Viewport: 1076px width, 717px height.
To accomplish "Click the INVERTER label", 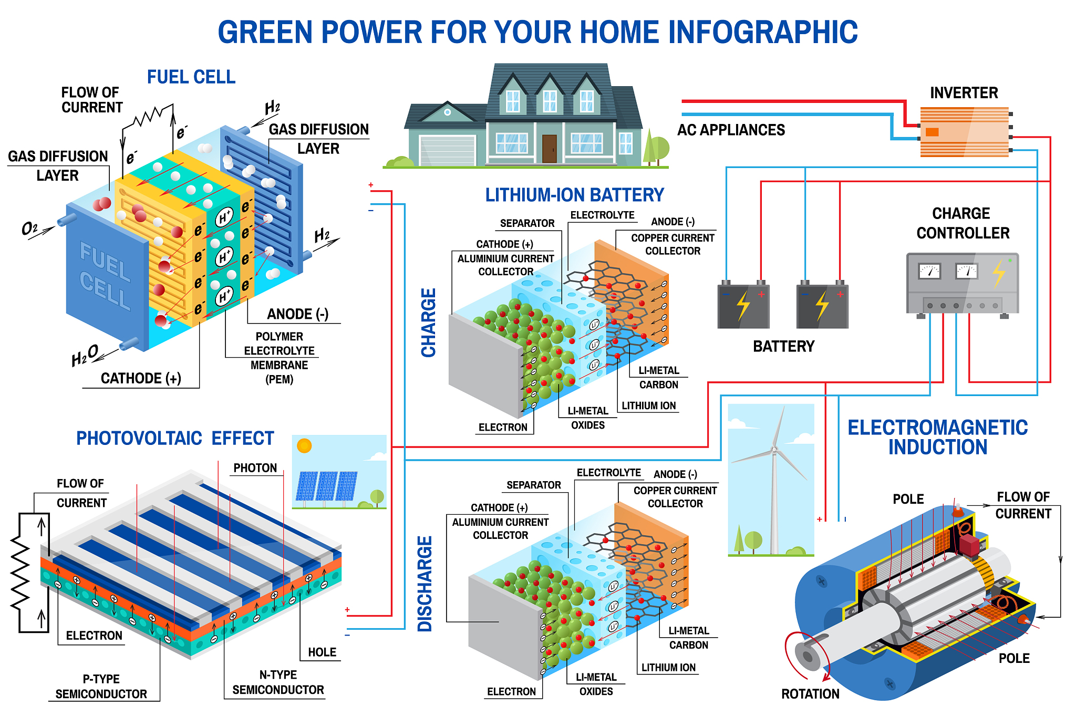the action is coord(964,93).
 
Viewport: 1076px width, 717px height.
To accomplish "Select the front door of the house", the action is coord(550,149).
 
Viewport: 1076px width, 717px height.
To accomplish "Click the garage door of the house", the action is coord(447,150).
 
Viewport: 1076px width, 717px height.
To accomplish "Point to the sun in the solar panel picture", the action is coord(304,446).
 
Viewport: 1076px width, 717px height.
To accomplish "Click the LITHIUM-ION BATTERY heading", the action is coord(574,195).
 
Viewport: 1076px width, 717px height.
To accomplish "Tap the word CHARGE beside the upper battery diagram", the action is coord(429,323).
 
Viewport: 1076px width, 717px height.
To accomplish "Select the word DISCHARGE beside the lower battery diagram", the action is coord(425,584).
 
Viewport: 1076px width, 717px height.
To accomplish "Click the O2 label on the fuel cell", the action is coord(29,228).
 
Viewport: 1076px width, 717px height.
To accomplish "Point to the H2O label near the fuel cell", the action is coord(85,356).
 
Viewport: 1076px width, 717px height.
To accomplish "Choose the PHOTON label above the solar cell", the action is coord(255,468).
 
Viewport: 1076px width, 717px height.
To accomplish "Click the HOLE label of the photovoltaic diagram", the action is coord(322,652).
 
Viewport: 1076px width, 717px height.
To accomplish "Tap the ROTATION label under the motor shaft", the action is coord(810,694).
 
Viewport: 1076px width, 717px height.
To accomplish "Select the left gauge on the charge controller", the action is coord(929,271).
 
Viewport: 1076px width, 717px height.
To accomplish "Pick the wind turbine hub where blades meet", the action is coord(774,450).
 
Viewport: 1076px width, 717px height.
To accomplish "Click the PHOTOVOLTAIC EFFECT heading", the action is coord(175,438).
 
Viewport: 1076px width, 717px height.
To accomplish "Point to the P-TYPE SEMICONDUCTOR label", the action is coord(101,687).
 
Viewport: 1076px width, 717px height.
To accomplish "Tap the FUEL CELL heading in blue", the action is coord(191,77).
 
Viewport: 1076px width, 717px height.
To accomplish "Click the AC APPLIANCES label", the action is coord(731,130).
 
